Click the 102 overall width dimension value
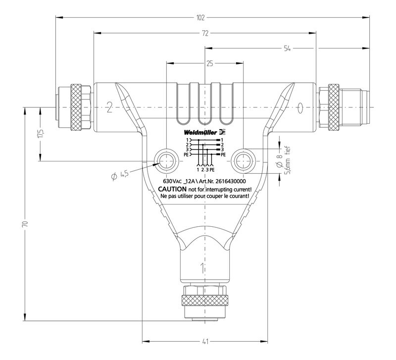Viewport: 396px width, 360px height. tap(200, 18)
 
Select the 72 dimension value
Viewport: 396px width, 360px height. tap(205, 33)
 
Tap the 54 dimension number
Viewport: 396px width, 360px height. tap(287, 48)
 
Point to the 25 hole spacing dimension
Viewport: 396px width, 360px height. tap(209, 63)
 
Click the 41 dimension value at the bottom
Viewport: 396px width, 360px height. tap(205, 342)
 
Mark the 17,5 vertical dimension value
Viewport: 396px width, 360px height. tap(41, 134)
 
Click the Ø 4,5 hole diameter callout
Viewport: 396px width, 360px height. tap(120, 175)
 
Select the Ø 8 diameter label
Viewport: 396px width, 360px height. tap(279, 160)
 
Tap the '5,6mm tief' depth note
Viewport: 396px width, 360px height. tap(288, 160)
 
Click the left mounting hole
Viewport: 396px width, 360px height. tap(166, 161)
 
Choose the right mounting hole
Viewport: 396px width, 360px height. tap(243, 161)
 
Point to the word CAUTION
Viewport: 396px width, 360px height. tap(172, 189)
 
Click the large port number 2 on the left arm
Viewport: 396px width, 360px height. tap(109, 107)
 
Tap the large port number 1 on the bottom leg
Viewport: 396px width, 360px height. tap(202, 268)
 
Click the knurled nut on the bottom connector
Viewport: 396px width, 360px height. tap(204, 301)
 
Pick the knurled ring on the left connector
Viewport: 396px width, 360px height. tap(76, 107)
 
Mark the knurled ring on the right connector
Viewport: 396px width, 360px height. tap(334, 107)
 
